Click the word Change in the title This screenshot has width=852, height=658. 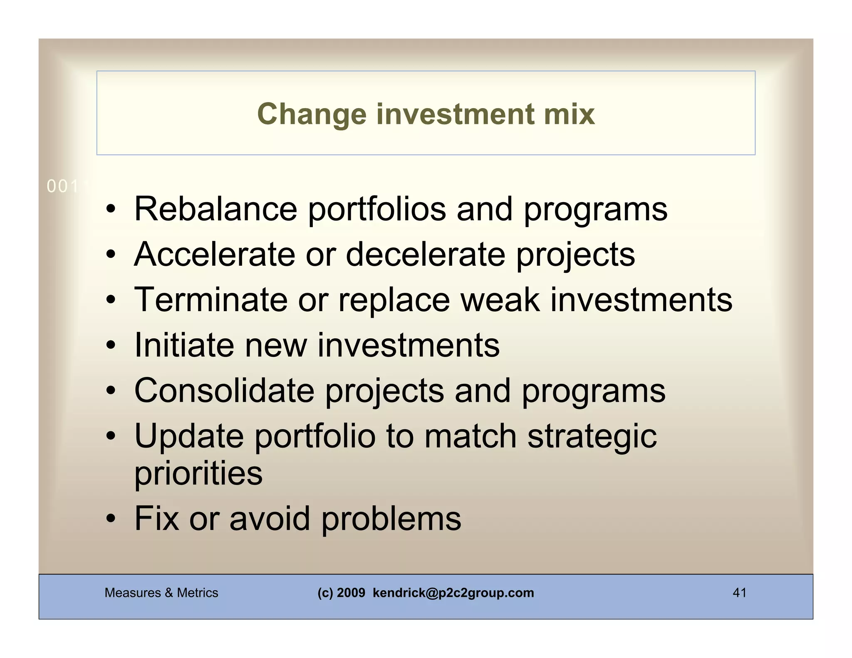312,114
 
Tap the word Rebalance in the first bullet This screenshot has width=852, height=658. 215,209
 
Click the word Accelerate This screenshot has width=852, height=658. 214,254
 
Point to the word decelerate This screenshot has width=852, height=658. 425,254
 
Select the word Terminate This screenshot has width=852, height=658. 211,299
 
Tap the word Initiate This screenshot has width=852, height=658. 184,345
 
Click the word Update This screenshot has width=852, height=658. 189,436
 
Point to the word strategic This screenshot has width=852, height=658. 592,437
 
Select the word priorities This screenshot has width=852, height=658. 198,473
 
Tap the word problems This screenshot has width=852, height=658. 391,519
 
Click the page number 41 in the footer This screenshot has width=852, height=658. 739,593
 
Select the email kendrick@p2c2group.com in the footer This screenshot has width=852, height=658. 453,593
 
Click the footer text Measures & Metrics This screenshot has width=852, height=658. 161,593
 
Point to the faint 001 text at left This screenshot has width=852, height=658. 62,187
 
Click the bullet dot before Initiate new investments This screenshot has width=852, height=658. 110,345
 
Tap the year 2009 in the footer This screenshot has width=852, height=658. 351,593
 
